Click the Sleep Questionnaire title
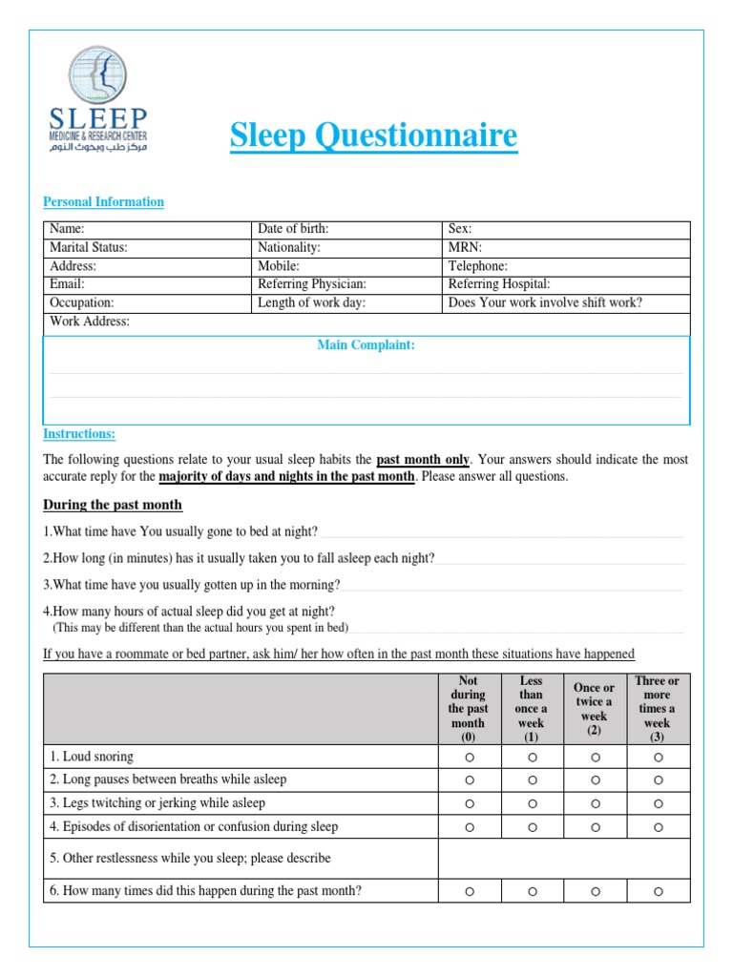coord(373,135)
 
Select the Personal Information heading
coord(103,202)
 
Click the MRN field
coord(567,248)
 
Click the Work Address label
coord(89,322)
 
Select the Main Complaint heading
coord(366,345)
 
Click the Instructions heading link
coord(79,434)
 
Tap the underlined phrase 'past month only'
coord(423,460)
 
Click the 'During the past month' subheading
coord(113,505)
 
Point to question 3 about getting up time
coord(192,585)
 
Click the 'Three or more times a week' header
coord(658,709)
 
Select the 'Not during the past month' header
coord(469,709)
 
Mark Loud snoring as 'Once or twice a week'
coord(595,758)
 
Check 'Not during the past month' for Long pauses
coord(469,780)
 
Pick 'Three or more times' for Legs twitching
coord(658,803)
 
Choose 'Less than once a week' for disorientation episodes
coord(532,827)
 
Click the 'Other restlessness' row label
coord(190,859)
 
